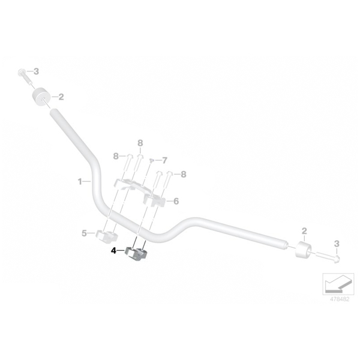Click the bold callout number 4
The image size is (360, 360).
coord(113,251)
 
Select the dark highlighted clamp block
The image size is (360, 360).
coord(136,254)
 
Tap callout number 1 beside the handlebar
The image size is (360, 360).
coord(80,182)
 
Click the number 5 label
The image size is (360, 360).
coord(84,233)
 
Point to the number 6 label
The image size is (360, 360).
coord(176,201)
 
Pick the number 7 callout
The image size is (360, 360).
coord(164,160)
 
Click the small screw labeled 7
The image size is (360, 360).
coord(151,160)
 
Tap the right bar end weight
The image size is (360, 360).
coord(303,250)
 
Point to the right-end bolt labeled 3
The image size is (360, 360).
coord(328,257)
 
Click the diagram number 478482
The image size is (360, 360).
coord(340,299)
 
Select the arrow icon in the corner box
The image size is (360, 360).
coord(338,284)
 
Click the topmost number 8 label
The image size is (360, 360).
coord(140,143)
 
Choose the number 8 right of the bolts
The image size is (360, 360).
coord(183,174)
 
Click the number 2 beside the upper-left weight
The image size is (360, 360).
coord(61,97)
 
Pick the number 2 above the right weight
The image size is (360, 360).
coord(304,231)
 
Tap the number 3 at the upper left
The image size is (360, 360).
coord(36,71)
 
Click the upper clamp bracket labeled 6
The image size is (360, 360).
coord(140,192)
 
